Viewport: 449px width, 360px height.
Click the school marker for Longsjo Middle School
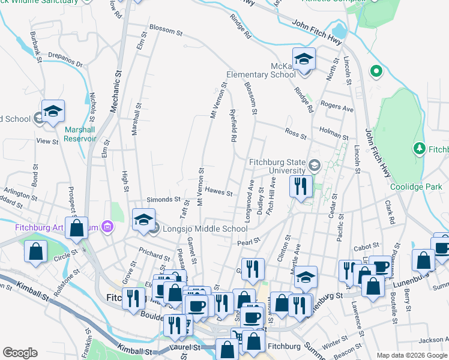click(x=143, y=220)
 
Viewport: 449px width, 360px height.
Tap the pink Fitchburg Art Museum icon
click(x=107, y=226)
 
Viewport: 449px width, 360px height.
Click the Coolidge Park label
click(x=416, y=187)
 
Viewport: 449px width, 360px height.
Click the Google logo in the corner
click(x=20, y=352)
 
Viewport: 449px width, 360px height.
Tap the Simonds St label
click(x=164, y=199)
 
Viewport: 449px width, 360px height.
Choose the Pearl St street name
click(x=248, y=241)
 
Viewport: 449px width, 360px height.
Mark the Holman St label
click(x=334, y=137)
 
